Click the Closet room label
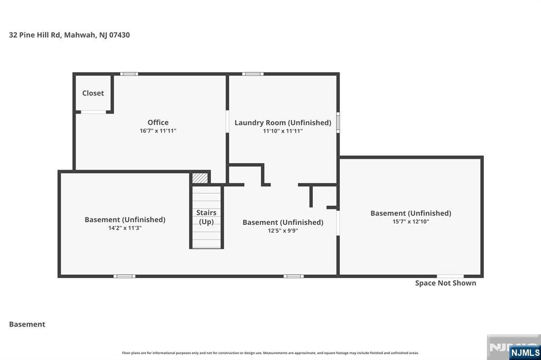93,93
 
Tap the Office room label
158,122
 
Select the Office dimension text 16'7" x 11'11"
158,131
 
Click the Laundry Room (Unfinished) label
283,123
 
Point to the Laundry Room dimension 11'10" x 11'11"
283,131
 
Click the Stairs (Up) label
207,217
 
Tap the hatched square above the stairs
200,178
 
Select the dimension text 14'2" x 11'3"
125,228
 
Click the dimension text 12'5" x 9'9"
283,231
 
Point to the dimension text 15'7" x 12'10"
411,221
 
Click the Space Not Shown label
445,283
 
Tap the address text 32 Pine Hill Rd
35,35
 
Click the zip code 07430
119,35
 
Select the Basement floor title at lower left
27,324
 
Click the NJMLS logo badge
525,353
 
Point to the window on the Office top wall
129,74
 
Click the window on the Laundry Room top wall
253,74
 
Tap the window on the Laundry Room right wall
338,122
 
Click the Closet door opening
93,112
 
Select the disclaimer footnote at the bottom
270,353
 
